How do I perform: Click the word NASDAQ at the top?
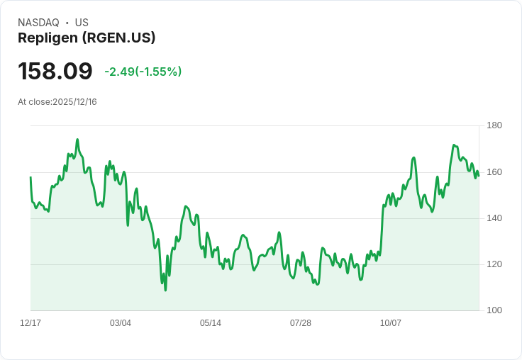(38, 23)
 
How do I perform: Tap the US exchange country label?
(82, 23)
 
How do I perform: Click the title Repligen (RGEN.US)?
(87, 38)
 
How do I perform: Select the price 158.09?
(55, 72)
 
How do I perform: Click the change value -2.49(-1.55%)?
(143, 72)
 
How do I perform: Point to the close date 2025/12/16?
(74, 102)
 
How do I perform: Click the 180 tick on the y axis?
(494, 126)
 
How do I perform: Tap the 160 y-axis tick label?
(494, 172)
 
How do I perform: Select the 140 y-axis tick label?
(494, 218)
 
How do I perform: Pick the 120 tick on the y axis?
(494, 264)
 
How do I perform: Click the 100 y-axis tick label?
(494, 310)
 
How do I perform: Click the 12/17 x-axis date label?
(30, 323)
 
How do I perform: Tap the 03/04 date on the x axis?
(121, 323)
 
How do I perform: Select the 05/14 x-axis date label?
(211, 323)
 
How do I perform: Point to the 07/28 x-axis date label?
(301, 323)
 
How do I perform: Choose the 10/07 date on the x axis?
(391, 323)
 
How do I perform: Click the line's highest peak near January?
(77, 140)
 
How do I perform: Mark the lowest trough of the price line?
(165, 290)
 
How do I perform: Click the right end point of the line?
(479, 176)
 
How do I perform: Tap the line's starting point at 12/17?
(30, 177)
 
